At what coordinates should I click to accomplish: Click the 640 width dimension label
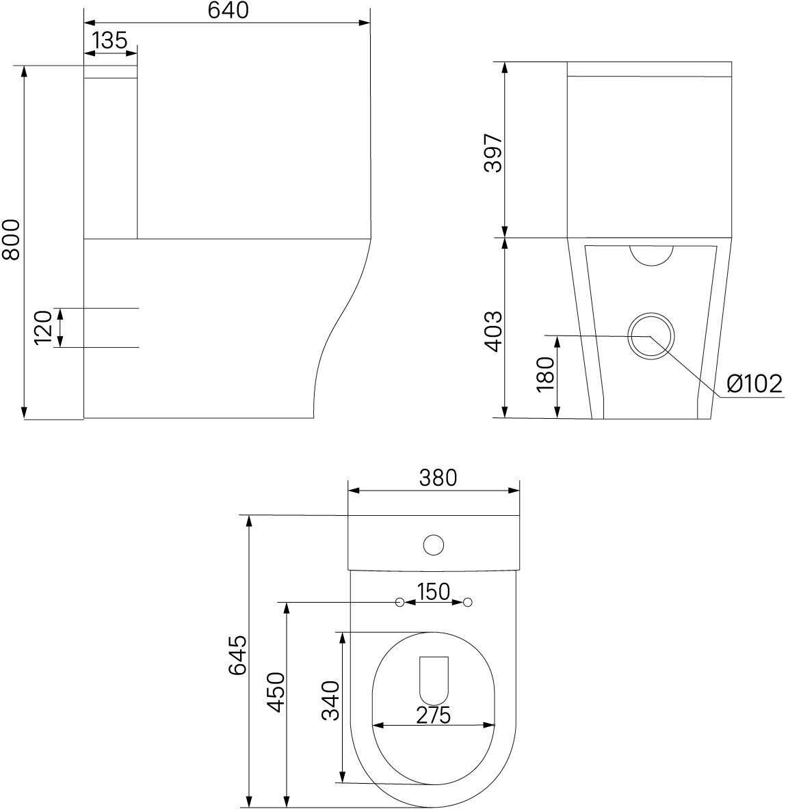click(x=228, y=10)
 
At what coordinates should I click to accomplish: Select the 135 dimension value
click(x=109, y=40)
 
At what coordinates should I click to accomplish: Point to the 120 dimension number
click(x=43, y=327)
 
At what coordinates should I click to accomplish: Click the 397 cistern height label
click(x=493, y=153)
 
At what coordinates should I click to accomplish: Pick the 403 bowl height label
click(x=493, y=331)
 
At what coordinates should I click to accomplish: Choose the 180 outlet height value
click(x=545, y=374)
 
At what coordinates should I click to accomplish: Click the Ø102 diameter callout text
click(x=754, y=384)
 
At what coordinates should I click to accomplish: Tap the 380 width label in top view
click(x=438, y=478)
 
